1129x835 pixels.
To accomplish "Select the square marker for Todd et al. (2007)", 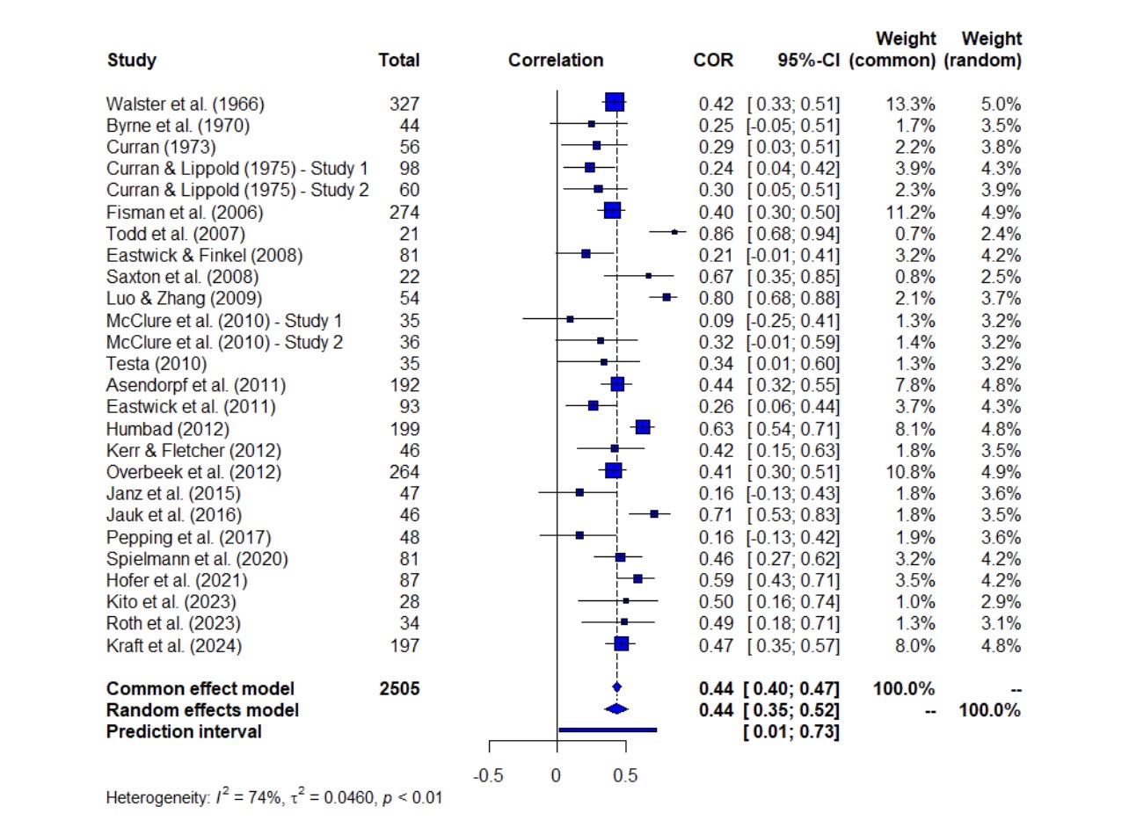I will pyautogui.click(x=674, y=232).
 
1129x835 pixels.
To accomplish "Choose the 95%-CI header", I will pyautogui.click(x=808, y=61).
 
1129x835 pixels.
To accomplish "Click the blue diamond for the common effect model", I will pyautogui.click(x=616, y=687).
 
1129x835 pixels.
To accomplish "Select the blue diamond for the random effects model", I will pyautogui.click(x=616, y=709).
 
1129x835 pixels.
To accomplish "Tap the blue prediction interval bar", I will pyautogui.click(x=608, y=729).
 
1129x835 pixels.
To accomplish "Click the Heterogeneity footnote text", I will pyautogui.click(x=273, y=799).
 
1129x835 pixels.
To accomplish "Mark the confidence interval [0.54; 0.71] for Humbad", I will pyautogui.click(x=794, y=429).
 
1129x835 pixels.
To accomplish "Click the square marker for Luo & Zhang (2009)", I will pyautogui.click(x=666, y=298).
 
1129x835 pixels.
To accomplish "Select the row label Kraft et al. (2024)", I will pyautogui.click(x=174, y=646).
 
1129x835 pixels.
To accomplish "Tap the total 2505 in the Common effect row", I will pyautogui.click(x=398, y=688).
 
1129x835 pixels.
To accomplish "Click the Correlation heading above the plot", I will pyautogui.click(x=556, y=61).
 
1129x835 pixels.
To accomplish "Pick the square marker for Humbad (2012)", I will pyautogui.click(x=643, y=427).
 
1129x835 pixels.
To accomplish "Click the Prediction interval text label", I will pyautogui.click(x=184, y=731).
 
